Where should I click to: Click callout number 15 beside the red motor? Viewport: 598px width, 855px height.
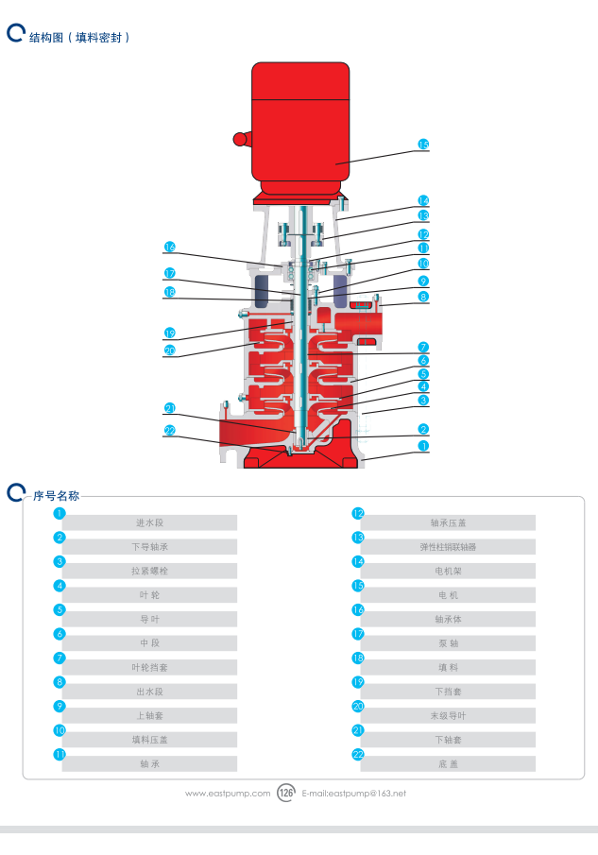point(423,145)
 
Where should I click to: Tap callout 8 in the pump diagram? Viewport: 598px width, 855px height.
point(423,297)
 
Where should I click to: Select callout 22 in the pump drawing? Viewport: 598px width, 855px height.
point(170,431)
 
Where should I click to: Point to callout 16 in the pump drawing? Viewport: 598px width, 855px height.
point(170,248)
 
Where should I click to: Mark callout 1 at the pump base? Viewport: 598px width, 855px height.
point(423,445)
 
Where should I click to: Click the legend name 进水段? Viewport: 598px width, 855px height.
point(149,522)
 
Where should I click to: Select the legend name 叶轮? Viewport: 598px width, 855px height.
point(149,595)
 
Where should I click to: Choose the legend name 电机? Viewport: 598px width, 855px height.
point(448,595)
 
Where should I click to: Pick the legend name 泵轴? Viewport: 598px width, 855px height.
point(448,643)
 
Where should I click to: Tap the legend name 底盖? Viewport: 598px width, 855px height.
point(448,763)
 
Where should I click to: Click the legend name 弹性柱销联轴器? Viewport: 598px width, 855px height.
point(448,547)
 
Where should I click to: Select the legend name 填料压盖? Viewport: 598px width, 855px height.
point(149,740)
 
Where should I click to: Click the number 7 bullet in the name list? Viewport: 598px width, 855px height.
point(60,658)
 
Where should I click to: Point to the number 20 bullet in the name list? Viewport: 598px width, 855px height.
point(358,706)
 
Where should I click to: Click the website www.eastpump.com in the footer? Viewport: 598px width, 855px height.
point(228,794)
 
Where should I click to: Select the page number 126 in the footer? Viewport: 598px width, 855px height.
point(287,794)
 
